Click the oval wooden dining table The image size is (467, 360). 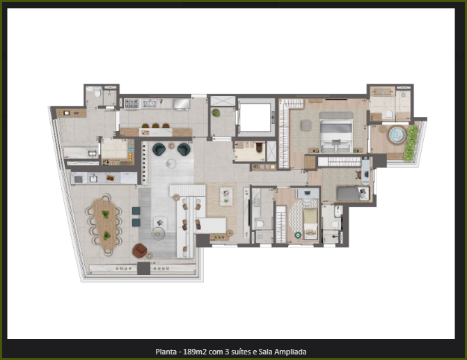(x=104, y=224)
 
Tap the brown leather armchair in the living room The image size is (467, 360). (x=140, y=251)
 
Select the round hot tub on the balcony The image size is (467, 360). (x=397, y=134)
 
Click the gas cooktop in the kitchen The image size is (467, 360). (x=132, y=104)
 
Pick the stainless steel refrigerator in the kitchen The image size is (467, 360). (x=182, y=104)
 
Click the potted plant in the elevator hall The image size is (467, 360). (x=216, y=113)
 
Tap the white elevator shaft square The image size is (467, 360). (x=255, y=117)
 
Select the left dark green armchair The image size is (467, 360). (x=159, y=149)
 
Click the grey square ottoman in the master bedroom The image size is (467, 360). (x=306, y=125)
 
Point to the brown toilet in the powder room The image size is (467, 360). (x=259, y=147)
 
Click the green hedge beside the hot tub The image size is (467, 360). (x=411, y=143)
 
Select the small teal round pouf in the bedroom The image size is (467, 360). (x=298, y=235)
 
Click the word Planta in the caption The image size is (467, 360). (x=166, y=352)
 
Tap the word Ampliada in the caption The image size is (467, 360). (x=290, y=352)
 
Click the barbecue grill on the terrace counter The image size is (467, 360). (x=78, y=179)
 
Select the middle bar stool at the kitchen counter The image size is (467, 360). (x=155, y=126)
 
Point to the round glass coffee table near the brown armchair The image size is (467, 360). (x=158, y=234)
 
